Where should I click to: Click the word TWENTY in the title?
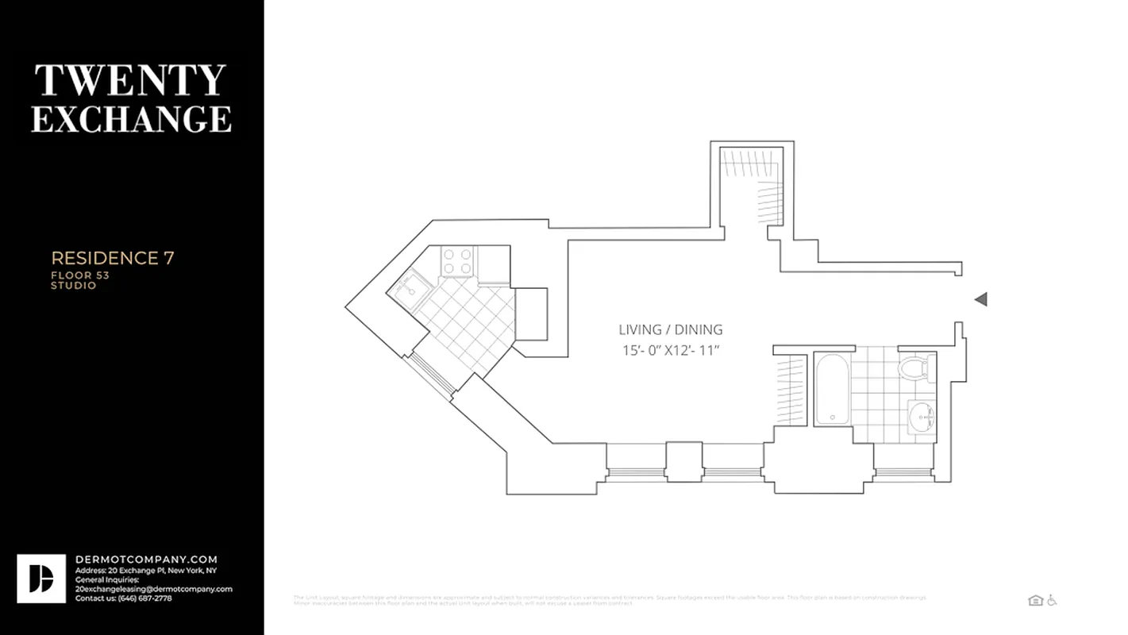pyautogui.click(x=131, y=81)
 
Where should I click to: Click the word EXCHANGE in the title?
pyautogui.click(x=131, y=118)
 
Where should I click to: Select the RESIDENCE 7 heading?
pyautogui.click(x=113, y=258)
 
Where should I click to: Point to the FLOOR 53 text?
pyautogui.click(x=80, y=275)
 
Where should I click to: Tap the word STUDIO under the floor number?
pyautogui.click(x=74, y=286)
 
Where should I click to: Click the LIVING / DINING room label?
pyautogui.click(x=671, y=329)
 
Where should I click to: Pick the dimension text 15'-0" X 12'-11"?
pyautogui.click(x=671, y=350)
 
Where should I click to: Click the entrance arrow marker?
pyautogui.click(x=980, y=299)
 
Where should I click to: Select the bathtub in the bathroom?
pyautogui.click(x=831, y=389)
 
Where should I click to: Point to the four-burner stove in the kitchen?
pyautogui.click(x=457, y=261)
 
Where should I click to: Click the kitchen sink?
pyautogui.click(x=408, y=287)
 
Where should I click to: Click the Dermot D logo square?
pyautogui.click(x=41, y=579)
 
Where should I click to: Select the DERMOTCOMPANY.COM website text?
pyautogui.click(x=146, y=560)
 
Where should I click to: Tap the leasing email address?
pyautogui.click(x=153, y=589)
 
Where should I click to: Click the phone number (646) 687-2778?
pyautogui.click(x=145, y=598)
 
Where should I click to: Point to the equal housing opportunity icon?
pyautogui.click(x=1035, y=601)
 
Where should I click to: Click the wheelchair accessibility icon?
pyautogui.click(x=1052, y=601)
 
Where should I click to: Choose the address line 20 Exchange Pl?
pyautogui.click(x=145, y=571)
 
